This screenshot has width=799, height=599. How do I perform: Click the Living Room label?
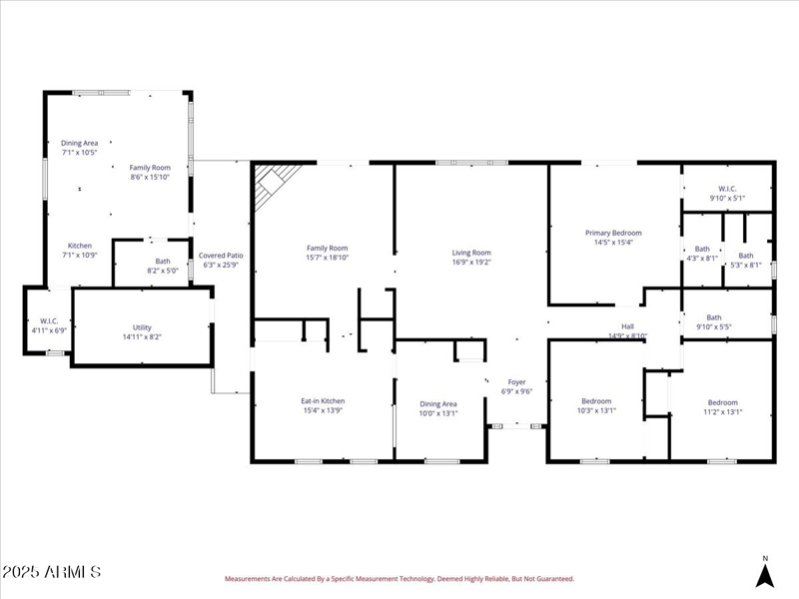[x=471, y=253]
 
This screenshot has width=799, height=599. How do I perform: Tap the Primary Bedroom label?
[x=613, y=233]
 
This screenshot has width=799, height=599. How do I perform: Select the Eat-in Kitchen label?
[x=323, y=401]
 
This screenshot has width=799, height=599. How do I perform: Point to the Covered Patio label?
[x=221, y=256]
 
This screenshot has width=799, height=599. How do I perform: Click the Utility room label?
[x=142, y=327]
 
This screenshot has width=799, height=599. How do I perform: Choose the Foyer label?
[x=516, y=381]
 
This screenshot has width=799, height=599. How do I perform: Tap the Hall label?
[x=627, y=325]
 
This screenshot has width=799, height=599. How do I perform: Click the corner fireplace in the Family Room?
[x=272, y=185]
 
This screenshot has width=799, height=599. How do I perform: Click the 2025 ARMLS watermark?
[x=51, y=572]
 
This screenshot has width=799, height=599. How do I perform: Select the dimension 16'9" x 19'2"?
[x=471, y=264]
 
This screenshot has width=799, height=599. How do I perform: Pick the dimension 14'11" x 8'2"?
[x=142, y=337]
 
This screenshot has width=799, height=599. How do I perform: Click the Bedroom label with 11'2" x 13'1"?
[x=722, y=401]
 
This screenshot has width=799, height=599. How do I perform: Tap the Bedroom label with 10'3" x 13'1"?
[x=596, y=401]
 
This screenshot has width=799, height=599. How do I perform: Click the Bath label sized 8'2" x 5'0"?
[x=162, y=261]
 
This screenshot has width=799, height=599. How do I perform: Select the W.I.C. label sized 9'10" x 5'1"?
[x=726, y=189]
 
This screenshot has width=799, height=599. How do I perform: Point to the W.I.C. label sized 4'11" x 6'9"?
[x=47, y=320]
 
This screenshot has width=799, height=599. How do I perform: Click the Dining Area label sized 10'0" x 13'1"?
[x=437, y=403]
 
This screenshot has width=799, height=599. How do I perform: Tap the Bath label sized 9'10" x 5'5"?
[x=713, y=317]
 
